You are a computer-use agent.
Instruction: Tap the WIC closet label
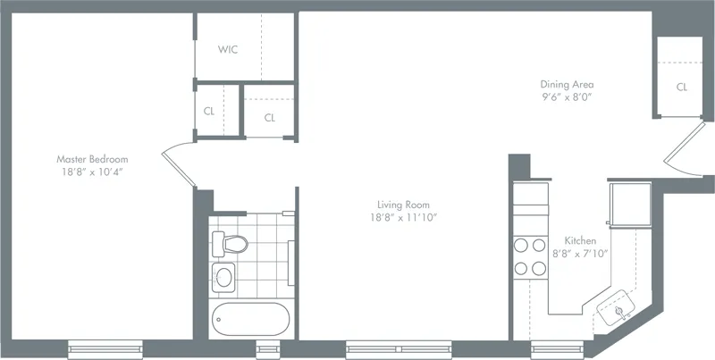pyautogui.click(x=227, y=50)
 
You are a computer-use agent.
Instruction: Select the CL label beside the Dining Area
pyautogui.click(x=681, y=88)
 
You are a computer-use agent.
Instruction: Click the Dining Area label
pyautogui.click(x=567, y=84)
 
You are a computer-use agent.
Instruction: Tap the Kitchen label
pyautogui.click(x=580, y=241)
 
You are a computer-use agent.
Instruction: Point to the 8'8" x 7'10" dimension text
pyautogui.click(x=580, y=254)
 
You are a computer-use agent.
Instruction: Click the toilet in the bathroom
pyautogui.click(x=231, y=242)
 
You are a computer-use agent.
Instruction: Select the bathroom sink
pyautogui.click(x=223, y=276)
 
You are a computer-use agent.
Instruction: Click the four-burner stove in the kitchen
pyautogui.click(x=529, y=255)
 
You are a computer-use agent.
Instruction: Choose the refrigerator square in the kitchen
pyautogui.click(x=628, y=205)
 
